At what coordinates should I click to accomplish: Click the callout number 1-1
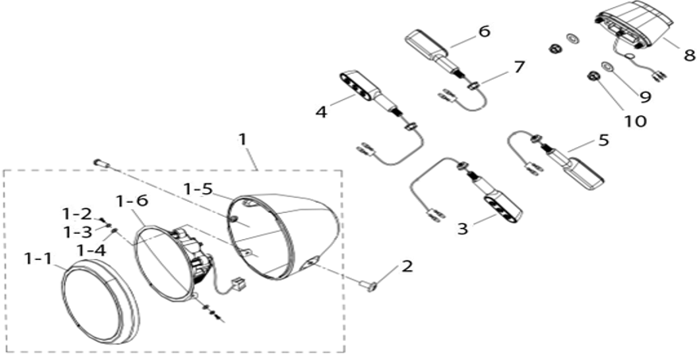[x=39, y=258]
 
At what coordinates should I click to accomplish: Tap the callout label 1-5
[x=198, y=188]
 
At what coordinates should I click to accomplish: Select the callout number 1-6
[x=132, y=201]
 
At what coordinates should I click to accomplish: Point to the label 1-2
[x=77, y=215]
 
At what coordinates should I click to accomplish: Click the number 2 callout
[x=407, y=266]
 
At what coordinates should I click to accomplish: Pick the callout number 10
[x=635, y=121]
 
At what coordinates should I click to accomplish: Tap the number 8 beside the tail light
[x=689, y=55]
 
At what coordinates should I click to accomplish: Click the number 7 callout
[x=519, y=67]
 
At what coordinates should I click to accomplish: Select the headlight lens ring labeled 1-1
[x=99, y=302]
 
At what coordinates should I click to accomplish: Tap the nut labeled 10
[x=592, y=76]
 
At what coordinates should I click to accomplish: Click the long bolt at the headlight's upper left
[x=101, y=163]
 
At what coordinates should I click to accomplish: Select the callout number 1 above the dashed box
[x=242, y=139]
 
